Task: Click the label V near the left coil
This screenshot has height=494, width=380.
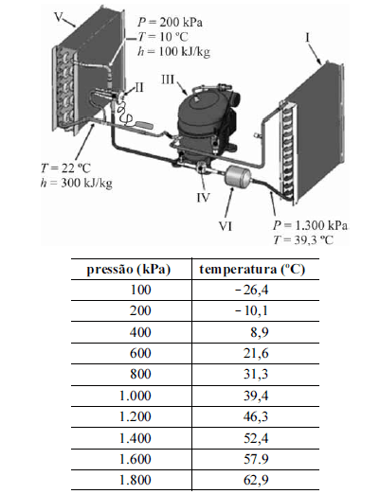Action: (x=59, y=16)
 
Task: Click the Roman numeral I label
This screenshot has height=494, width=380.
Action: (x=307, y=38)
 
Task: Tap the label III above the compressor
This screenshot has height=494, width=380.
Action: (x=168, y=79)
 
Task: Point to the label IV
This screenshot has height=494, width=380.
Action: (x=203, y=198)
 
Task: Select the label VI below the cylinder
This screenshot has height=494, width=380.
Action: (x=226, y=226)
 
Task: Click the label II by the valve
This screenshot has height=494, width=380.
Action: (x=139, y=87)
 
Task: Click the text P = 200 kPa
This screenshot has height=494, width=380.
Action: (x=170, y=23)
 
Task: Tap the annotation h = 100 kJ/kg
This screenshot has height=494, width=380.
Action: (x=173, y=51)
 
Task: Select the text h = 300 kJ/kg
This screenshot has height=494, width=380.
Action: (x=77, y=183)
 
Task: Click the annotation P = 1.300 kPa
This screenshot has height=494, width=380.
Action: (x=310, y=225)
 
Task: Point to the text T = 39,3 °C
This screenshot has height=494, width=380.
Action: (x=303, y=239)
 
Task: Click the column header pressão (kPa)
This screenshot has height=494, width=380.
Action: (x=129, y=270)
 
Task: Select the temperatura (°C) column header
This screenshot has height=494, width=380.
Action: (x=252, y=270)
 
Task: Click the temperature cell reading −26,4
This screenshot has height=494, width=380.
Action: (x=252, y=290)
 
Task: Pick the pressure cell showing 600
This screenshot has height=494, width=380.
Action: (x=140, y=353)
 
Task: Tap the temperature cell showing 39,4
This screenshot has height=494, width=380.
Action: (x=256, y=396)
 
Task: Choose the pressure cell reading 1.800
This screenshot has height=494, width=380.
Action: (x=136, y=480)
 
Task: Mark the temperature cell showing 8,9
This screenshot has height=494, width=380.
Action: (x=260, y=332)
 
